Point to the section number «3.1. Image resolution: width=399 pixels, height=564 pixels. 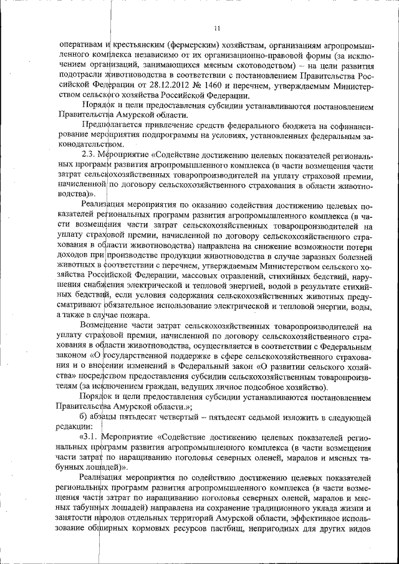[x=87, y=437]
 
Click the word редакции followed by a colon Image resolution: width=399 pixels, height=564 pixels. [x=75, y=427]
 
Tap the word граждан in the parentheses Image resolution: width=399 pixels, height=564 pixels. [x=158, y=387]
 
